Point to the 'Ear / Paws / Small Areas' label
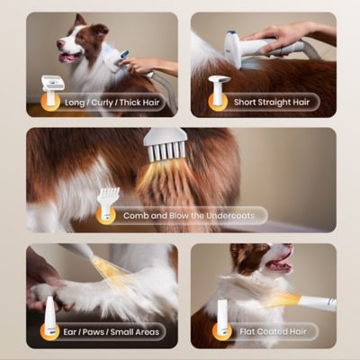111,332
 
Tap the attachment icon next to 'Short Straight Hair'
217,90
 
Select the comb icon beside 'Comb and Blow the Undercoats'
108,203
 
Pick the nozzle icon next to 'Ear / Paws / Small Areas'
49,317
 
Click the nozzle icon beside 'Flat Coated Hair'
221,318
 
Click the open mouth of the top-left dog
70,57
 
